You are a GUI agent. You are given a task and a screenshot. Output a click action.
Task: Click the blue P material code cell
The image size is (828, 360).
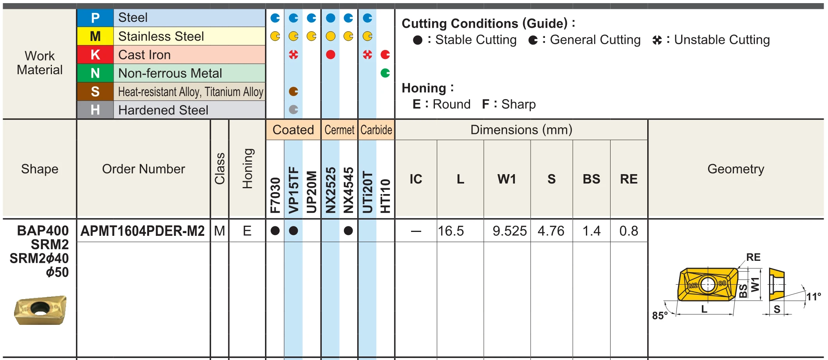coord(95,18)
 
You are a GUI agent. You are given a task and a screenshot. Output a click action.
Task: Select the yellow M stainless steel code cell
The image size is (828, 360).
coord(95,36)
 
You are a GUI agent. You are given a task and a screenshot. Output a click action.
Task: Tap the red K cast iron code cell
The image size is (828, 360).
coord(95,55)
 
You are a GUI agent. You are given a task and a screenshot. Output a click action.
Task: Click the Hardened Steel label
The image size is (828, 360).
coord(163,110)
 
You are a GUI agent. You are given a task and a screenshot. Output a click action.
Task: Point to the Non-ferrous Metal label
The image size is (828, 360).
coord(170,73)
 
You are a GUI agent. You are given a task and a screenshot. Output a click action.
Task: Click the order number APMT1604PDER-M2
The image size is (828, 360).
coord(142,231)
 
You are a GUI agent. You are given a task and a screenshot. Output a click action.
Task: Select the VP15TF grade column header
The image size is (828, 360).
coord(293,190)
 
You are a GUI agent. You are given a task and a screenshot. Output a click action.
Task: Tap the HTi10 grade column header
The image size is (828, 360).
coord(385,196)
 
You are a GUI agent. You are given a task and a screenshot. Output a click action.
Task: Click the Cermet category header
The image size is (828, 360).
coord(339,130)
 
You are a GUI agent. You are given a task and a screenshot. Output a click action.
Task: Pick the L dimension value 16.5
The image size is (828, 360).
coord(451,231)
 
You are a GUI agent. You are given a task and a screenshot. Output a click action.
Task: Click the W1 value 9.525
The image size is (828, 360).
coord(509,231)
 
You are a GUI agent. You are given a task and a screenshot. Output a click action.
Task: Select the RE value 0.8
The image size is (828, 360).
coord(629,231)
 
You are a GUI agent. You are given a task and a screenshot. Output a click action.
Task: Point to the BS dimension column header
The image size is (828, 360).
coord(591,179)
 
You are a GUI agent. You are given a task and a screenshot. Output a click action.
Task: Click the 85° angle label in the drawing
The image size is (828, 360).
coord(660,315)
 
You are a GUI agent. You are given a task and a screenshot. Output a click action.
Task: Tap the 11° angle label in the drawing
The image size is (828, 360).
coord(814,297)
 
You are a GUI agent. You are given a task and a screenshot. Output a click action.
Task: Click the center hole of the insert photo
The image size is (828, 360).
coord(39,308)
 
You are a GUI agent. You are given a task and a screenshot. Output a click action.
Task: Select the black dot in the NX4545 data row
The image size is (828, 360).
coord(349,231)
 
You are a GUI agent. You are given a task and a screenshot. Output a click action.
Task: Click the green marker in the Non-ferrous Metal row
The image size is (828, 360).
coord(385,73)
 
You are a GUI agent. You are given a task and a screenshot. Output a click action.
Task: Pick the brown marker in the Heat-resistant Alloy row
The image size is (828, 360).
coord(294,91)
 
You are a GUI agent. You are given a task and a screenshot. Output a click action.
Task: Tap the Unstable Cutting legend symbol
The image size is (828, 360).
coord(657,40)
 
